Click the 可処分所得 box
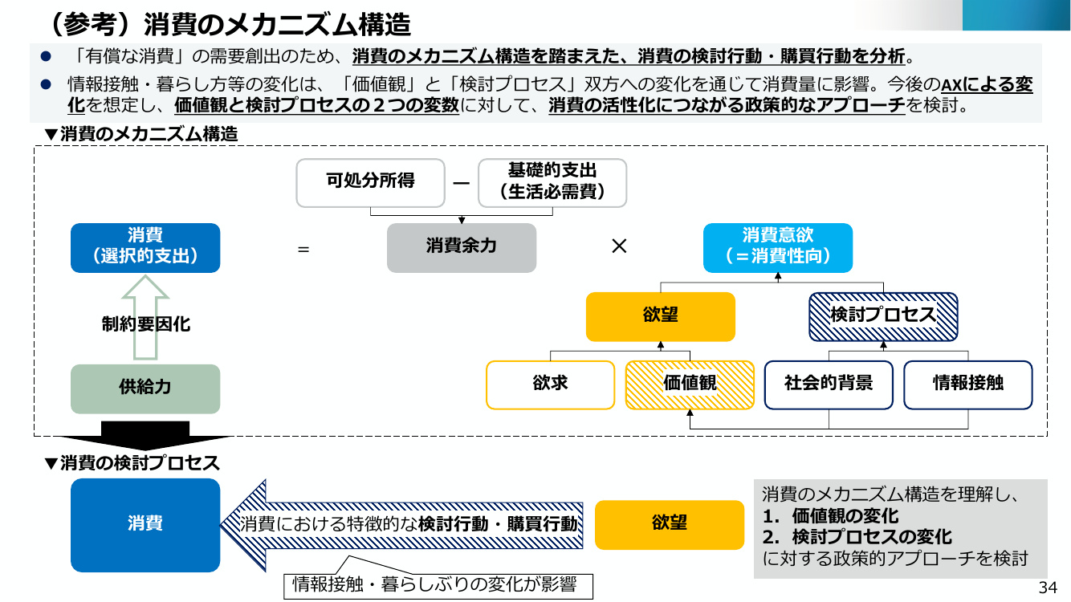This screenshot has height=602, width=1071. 370,183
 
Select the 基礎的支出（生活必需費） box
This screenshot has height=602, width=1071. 552,183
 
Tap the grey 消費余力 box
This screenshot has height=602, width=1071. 462,248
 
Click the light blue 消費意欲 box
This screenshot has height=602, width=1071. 778,248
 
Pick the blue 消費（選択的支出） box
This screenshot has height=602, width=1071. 145,248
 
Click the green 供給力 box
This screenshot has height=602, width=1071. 145,388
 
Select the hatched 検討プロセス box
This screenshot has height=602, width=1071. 883,316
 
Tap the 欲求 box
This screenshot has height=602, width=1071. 550,385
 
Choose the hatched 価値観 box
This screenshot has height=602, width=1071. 690,385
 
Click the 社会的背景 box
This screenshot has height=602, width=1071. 829,385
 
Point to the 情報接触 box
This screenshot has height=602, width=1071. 968,385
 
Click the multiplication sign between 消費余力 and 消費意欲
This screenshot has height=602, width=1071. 619,246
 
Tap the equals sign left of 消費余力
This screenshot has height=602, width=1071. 303,249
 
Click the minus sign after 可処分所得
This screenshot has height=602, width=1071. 461,183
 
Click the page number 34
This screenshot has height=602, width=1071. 1048,588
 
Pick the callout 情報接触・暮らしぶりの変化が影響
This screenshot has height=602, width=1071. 438,584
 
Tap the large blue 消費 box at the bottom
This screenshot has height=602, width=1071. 145,525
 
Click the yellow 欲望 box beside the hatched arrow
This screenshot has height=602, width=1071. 670,524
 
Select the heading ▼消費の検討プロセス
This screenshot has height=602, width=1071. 132,463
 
